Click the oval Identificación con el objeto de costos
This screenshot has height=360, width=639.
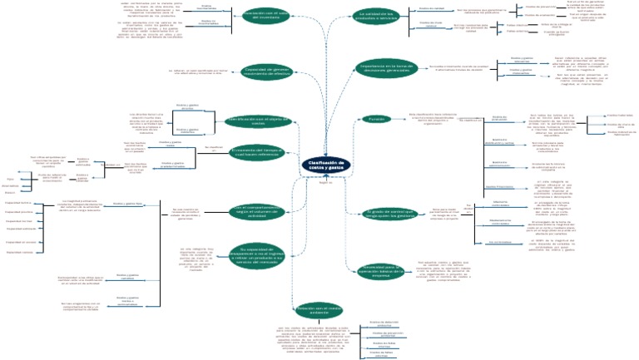(x=260, y=121)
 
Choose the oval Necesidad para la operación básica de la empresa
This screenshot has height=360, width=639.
(x=382, y=269)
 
